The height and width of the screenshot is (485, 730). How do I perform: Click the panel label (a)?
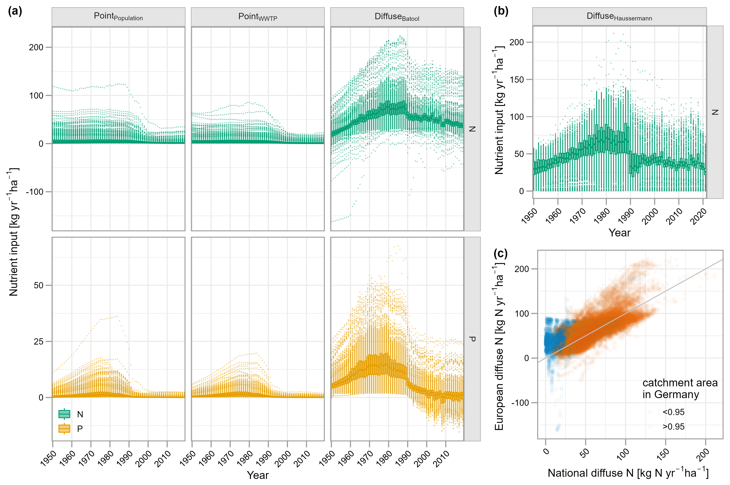point(15,12)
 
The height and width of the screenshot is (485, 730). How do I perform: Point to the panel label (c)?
point(501,254)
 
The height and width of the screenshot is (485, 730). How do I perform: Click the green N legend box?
point(64,414)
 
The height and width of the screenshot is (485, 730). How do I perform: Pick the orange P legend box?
point(64,429)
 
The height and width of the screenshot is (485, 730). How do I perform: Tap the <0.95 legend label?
point(673,412)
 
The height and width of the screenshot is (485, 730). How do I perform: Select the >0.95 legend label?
point(673,427)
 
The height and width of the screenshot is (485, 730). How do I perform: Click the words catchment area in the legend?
point(680,383)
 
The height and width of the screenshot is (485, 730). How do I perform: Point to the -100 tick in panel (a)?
point(35,192)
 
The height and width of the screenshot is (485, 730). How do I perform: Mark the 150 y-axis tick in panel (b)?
point(516,79)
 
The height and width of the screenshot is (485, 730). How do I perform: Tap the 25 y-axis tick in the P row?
point(38,342)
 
